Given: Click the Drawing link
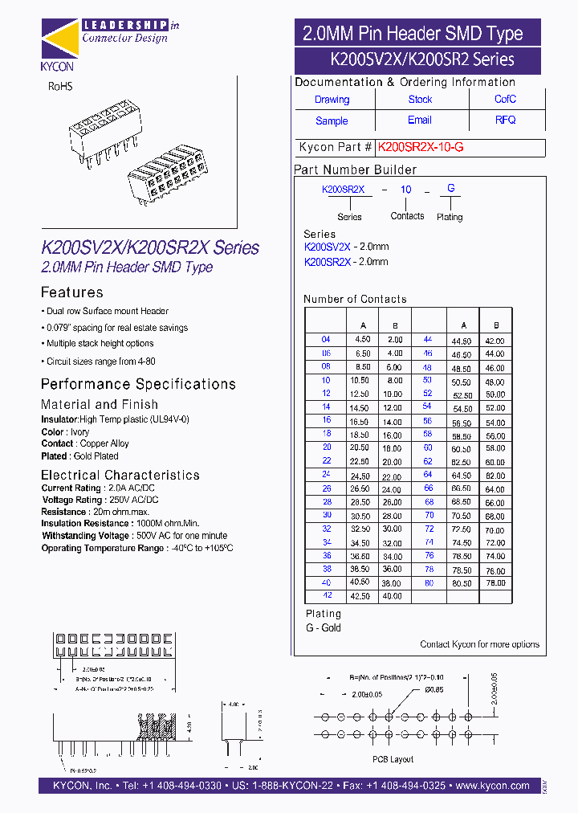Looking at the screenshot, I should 332,100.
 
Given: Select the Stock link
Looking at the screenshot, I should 420,100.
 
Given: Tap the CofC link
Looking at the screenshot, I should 505,100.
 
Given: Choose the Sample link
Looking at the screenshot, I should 332,121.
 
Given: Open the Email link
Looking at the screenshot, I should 420,121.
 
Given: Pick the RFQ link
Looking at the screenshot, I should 505,121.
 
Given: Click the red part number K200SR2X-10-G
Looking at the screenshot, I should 421,148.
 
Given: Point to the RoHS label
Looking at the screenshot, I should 61,86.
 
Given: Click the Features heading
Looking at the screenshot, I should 72,292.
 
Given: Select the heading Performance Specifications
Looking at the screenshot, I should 138,384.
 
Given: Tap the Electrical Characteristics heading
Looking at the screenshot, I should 120,475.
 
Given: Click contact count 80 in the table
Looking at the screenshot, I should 429,582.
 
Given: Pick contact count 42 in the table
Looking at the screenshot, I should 326,596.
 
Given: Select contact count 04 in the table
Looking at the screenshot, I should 326,340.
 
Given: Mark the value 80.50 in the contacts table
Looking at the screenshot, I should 462,583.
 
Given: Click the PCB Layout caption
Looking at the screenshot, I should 393,758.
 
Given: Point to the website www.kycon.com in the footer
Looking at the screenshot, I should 491,786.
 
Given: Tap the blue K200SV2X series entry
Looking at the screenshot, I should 328,247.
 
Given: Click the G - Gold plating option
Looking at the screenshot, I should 323,627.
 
